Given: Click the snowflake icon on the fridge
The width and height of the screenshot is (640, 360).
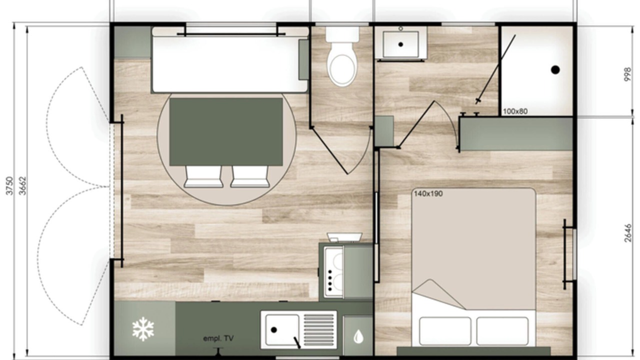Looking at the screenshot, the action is [x=143, y=329].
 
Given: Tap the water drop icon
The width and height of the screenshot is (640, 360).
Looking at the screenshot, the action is [x=358, y=336].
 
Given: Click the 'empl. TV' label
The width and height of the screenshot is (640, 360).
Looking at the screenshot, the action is [x=218, y=338].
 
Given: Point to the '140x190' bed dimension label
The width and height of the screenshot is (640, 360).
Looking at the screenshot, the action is [x=428, y=193].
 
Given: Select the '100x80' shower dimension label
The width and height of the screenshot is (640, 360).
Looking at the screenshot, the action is [x=515, y=111].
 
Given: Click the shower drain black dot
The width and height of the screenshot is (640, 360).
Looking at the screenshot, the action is [x=555, y=69].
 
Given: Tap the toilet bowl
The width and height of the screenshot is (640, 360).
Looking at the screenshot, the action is [x=342, y=67].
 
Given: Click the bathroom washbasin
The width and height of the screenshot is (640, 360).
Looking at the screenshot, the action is [x=401, y=44].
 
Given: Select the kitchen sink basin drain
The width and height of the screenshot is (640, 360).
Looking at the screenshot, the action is [x=273, y=329].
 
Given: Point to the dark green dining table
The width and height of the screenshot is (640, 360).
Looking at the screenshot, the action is [x=226, y=131].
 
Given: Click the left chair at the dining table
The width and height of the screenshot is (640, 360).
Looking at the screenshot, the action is [x=203, y=176].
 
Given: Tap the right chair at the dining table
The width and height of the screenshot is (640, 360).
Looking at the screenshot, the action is [x=249, y=176].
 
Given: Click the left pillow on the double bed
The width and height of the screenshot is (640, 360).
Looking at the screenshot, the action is [x=445, y=331].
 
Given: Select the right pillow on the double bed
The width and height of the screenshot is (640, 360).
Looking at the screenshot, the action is [x=502, y=331].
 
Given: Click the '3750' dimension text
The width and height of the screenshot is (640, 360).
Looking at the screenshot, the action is [x=9, y=185].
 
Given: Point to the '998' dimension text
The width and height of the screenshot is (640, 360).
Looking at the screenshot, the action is [x=627, y=74].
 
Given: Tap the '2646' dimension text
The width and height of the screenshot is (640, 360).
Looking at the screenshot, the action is [x=627, y=233].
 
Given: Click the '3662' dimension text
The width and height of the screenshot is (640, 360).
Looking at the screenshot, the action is [x=22, y=185].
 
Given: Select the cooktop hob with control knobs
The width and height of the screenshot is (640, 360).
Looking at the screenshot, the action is [x=333, y=272].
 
